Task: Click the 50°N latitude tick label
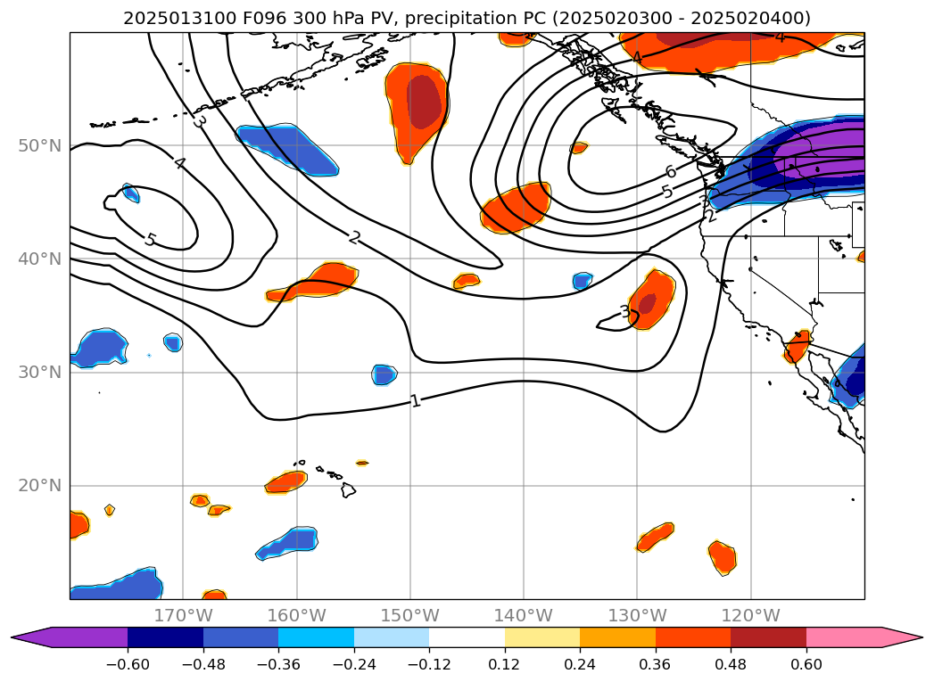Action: tap(39, 145)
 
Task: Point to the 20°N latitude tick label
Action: tap(39, 486)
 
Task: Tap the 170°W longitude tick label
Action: tap(183, 615)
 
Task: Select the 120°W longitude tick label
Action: tap(750, 615)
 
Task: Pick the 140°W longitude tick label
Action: tap(524, 615)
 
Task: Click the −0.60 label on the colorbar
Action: tap(128, 666)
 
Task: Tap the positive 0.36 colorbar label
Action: tap(656, 666)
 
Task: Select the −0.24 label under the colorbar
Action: tap(354, 666)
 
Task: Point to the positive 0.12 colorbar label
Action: tap(505, 666)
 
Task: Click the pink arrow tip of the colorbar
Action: tap(905, 637)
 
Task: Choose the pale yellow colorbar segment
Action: tap(542, 637)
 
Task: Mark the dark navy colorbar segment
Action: tap(165, 637)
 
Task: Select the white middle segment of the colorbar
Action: tap(467, 637)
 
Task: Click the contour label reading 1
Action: tap(416, 400)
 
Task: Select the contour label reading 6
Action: tap(670, 172)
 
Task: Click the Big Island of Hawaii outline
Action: tap(348, 489)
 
